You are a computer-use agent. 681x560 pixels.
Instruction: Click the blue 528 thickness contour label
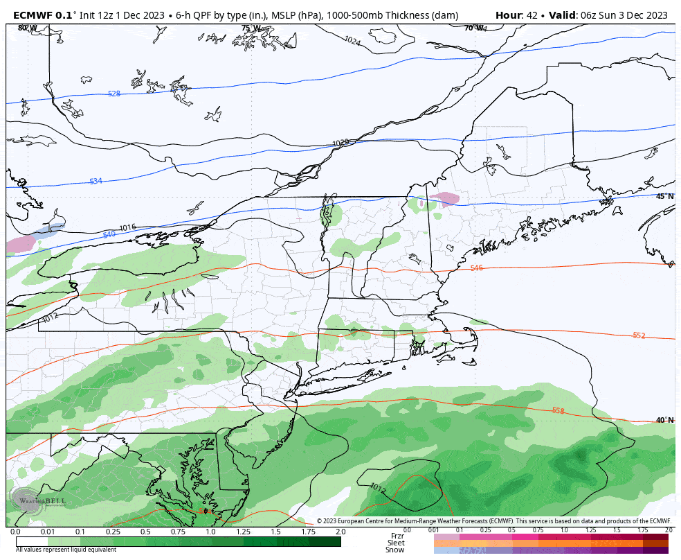[114, 94]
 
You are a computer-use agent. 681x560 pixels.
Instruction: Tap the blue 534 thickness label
[96, 181]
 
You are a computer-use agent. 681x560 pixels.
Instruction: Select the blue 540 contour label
[109, 234]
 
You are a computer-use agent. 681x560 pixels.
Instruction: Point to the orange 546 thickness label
[476, 268]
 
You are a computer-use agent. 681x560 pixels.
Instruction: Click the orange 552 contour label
[639, 335]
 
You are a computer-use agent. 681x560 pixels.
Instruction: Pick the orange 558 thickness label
[558, 410]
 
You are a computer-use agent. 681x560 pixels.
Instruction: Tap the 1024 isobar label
[352, 42]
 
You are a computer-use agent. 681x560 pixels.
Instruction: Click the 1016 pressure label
[127, 227]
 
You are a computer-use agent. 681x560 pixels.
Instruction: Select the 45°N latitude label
[664, 196]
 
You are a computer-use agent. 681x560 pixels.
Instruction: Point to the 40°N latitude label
[664, 420]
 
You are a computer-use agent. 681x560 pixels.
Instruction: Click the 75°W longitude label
[251, 28]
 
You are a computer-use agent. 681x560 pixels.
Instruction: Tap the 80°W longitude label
[28, 28]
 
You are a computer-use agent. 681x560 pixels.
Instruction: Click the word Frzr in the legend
[397, 536]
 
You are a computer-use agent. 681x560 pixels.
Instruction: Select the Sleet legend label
[396, 543]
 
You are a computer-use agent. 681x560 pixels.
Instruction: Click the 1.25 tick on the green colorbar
[244, 532]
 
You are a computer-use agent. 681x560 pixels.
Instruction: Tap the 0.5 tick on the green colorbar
[145, 532]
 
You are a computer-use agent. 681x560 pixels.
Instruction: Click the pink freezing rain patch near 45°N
[444, 200]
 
